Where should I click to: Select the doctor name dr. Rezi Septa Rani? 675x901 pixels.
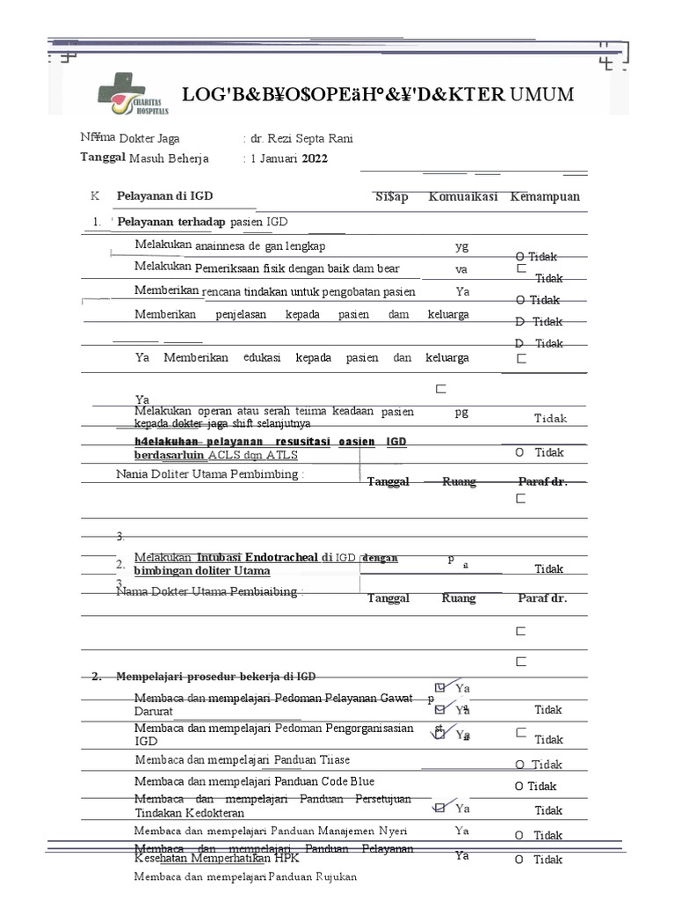[x=301, y=139]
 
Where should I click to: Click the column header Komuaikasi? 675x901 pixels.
[x=463, y=196]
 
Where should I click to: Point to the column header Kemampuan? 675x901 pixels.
[x=545, y=196]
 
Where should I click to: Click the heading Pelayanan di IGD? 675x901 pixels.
[x=165, y=196]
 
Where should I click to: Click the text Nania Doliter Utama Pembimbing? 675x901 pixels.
[x=210, y=475]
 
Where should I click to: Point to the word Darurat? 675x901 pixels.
[x=154, y=711]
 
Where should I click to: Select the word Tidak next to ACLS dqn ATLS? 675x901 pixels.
[x=549, y=452]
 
